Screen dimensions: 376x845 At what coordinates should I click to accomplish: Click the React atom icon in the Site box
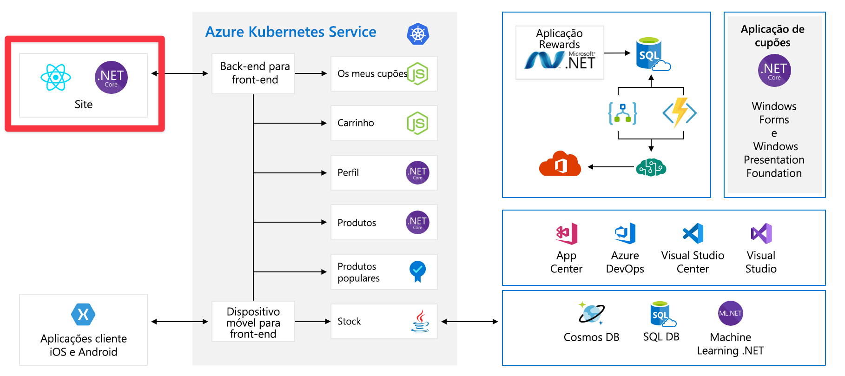pos(56,77)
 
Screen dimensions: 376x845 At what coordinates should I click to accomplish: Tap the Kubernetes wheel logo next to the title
pos(418,34)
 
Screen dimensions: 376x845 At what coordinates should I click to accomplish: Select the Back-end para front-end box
pos(253,73)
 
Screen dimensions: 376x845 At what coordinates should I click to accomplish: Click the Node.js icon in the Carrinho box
pos(417,123)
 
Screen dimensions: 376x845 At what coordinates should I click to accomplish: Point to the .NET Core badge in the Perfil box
pos(417,173)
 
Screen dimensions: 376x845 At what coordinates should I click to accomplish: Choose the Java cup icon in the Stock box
pos(420,321)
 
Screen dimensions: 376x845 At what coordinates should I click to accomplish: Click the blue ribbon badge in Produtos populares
pos(417,271)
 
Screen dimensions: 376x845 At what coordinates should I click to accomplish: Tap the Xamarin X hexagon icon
pos(83,315)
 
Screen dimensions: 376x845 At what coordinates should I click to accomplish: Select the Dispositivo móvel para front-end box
pos(253,322)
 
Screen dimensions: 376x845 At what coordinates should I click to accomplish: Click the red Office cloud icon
pos(560,164)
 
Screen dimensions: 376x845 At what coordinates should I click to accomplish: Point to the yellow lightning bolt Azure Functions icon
pos(680,112)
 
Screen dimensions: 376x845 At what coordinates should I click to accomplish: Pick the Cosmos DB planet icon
pos(591,313)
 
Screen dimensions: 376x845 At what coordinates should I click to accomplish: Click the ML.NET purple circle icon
pos(730,313)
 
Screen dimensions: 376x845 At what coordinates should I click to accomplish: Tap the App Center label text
pos(566,262)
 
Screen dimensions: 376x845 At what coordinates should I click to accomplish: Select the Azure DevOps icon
pos(625,233)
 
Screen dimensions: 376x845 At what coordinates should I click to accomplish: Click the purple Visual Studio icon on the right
pos(761,233)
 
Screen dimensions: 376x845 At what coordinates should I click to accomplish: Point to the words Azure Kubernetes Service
pos(291,32)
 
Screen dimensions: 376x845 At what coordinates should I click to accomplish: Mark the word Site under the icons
pos(84,105)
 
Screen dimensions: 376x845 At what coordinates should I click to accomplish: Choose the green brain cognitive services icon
pos(651,167)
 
